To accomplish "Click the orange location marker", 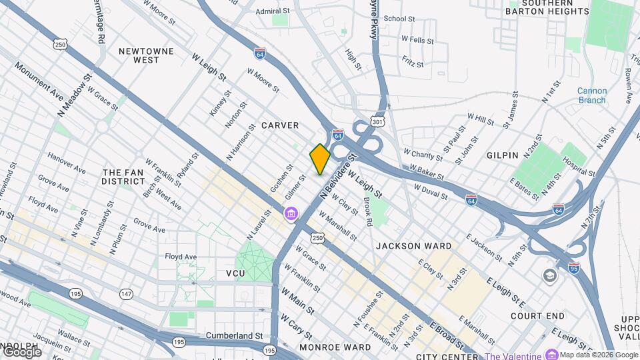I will pos(320,159).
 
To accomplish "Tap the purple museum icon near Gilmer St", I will pos(291,214).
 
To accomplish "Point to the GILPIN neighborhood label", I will pos(503,155).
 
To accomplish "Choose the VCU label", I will pos(235,273).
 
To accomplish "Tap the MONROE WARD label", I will pos(335,347).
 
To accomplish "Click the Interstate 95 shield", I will pos(573,268).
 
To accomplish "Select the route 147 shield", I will pos(126,293).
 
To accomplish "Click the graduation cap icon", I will pos(549,276).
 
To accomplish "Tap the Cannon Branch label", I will pos(591,96).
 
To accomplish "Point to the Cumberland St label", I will pos(235,335).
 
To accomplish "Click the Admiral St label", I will pos(273,11).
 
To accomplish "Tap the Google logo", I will pos(22,351).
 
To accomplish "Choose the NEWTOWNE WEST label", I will pos(145,55).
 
